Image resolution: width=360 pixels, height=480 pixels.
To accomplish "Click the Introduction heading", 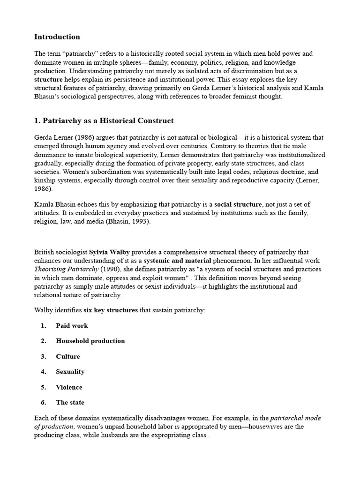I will pos(57,37).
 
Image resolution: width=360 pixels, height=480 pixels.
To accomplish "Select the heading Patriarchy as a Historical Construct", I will pos(104,121).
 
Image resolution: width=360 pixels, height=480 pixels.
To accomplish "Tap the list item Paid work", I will pos(72,326).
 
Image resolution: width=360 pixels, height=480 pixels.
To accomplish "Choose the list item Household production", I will pos(90,341).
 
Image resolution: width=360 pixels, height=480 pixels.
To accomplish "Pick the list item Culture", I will pos(68,356).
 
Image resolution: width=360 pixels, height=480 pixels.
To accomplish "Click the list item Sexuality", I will pos(70,372).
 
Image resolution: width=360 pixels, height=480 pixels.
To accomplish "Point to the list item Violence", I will pos(69,387).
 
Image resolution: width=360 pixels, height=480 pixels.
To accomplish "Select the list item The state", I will pos(70,403).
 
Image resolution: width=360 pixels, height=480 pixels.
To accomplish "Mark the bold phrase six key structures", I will pos(111,310).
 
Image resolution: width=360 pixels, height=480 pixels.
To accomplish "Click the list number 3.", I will pos(43,356).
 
